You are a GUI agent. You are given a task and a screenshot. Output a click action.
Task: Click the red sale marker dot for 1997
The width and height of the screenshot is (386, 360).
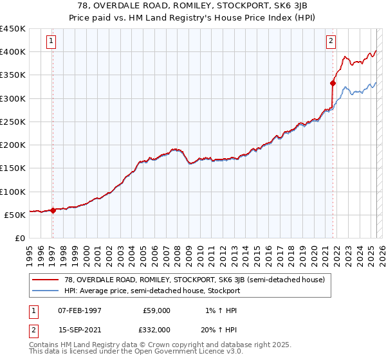click(x=53, y=211)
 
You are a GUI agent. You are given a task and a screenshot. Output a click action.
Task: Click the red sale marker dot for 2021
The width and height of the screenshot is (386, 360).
click(x=333, y=83)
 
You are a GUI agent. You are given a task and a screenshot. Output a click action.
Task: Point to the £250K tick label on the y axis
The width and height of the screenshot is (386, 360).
click(x=13, y=122)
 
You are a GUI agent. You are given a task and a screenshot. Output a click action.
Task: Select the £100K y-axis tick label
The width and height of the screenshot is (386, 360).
click(x=13, y=192)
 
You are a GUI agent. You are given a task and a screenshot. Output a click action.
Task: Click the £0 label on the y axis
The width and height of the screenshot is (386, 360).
click(x=19, y=239)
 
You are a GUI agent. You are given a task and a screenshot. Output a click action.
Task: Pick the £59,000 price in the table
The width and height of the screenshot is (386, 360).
click(x=156, y=310)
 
